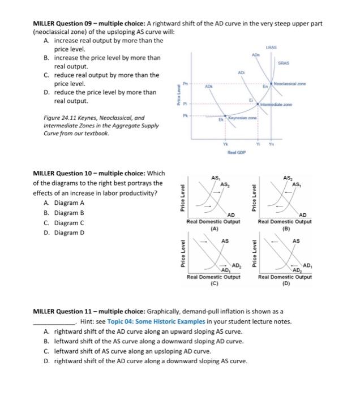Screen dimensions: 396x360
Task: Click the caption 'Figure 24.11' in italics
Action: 63,118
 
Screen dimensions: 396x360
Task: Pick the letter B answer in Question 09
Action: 47,58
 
